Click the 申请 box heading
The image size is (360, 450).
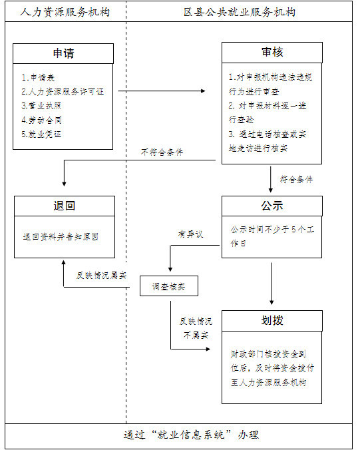pos(63,53)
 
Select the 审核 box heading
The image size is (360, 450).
pos(272,52)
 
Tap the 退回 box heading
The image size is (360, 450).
pos(65,206)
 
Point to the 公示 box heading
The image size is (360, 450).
pos(272,206)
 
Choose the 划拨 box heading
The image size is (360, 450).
pos(272,320)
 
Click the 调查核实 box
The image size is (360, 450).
pos(169,286)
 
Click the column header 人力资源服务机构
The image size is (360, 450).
pos(65,12)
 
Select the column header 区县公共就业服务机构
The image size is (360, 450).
pos(240,12)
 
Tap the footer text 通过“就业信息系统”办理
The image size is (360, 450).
pos(191,435)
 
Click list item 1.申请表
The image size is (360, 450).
pos(38,77)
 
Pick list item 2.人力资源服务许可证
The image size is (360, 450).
pos(63,92)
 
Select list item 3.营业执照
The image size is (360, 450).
pos(41,106)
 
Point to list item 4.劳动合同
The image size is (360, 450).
pos(42,120)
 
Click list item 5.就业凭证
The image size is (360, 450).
pos(41,134)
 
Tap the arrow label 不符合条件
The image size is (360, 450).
pos(162,152)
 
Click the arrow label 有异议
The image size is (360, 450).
pos(190,234)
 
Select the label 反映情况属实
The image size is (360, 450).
pos(101,276)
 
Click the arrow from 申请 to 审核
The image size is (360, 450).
pos(162,91)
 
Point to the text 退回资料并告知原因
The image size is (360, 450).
pos(61,237)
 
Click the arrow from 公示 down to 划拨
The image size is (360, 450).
pos(271,284)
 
